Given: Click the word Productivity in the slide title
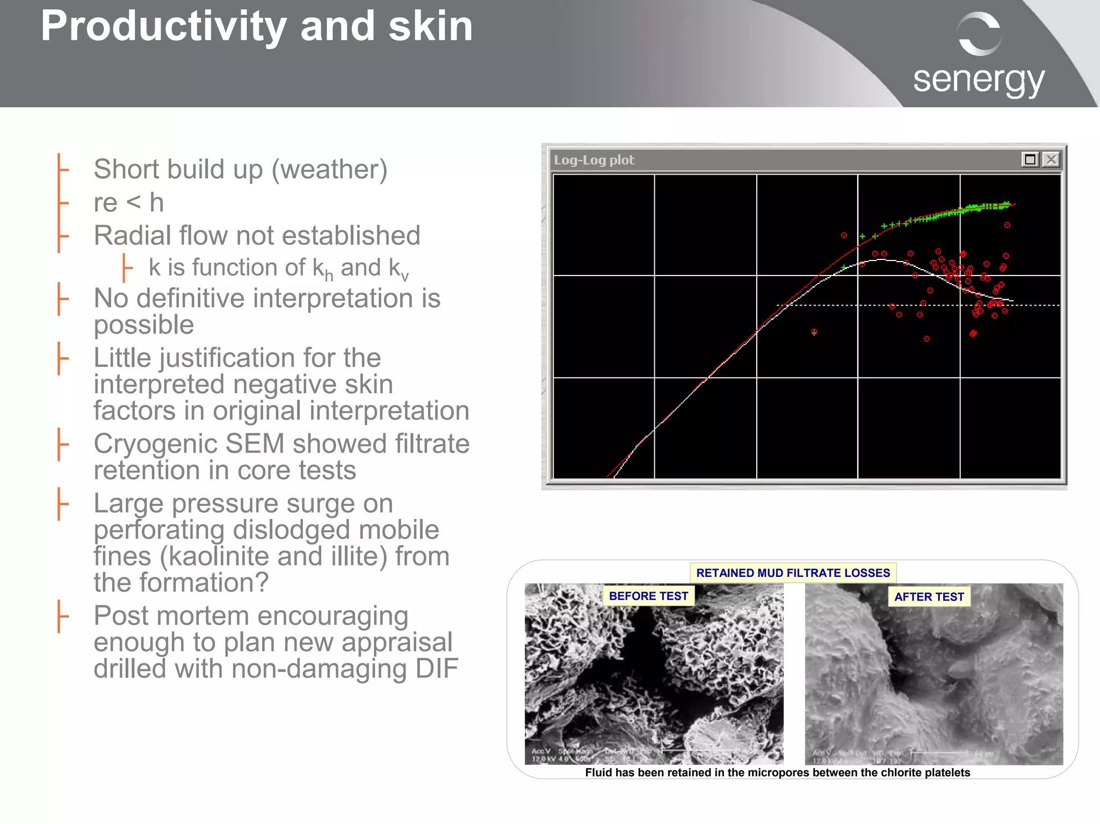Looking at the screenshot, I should click(x=163, y=27).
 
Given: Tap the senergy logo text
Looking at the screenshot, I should click(x=979, y=80).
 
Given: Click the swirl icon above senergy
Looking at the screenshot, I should click(x=979, y=34).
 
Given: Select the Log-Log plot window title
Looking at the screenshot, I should click(x=594, y=160).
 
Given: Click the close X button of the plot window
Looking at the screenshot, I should click(x=1051, y=160).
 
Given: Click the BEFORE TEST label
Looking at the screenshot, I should click(x=648, y=596).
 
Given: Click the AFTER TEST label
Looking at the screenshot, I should click(x=929, y=597).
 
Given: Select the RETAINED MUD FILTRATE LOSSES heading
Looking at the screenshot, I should click(x=793, y=573).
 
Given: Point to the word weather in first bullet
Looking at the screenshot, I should click(x=329, y=170).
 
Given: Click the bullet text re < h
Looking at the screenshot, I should click(x=128, y=203).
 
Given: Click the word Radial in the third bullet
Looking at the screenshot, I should click(x=131, y=236).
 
